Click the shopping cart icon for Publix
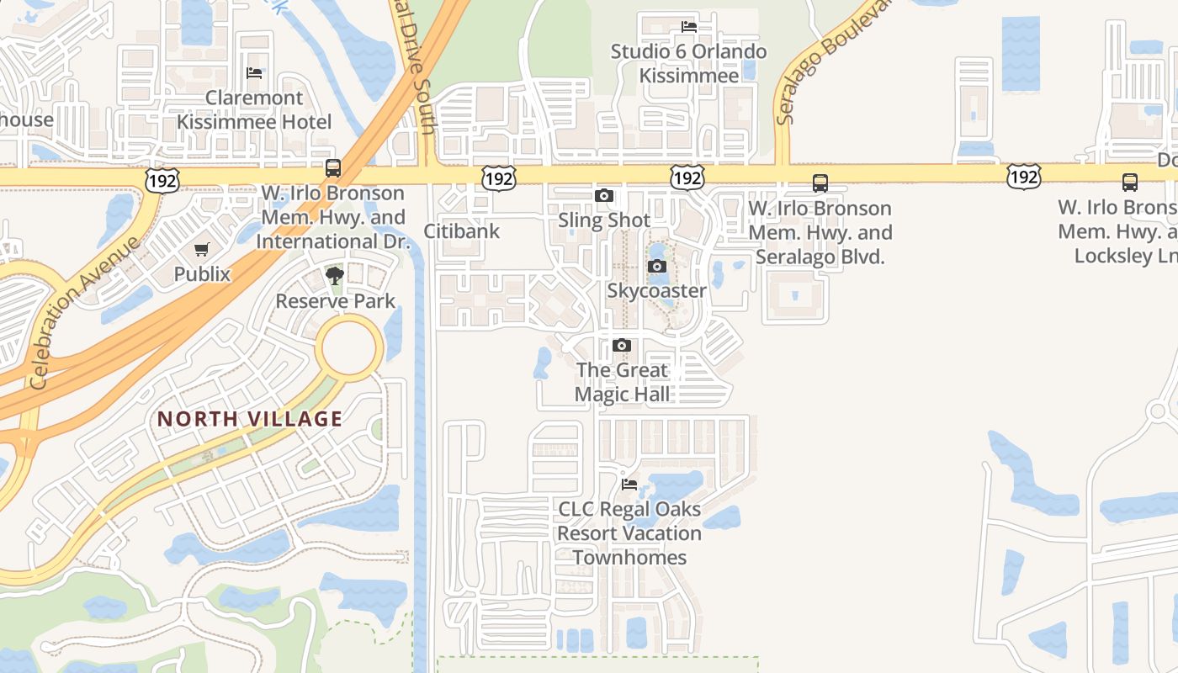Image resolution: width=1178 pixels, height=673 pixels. [201, 250]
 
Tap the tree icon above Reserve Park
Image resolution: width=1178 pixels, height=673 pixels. [335, 275]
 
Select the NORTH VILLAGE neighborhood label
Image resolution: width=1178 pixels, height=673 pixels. [250, 419]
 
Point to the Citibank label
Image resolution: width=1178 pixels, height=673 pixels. [461, 231]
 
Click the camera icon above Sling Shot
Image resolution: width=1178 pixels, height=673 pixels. [603, 196]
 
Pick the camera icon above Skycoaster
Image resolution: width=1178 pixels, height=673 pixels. [657, 267]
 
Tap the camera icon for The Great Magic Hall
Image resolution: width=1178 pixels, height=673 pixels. [622, 346]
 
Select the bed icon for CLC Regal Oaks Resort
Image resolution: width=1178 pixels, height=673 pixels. [629, 485]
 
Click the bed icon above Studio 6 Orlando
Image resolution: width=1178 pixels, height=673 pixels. [688, 27]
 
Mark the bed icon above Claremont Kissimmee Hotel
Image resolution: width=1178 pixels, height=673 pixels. [254, 73]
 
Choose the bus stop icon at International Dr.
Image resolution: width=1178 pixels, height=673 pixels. [333, 167]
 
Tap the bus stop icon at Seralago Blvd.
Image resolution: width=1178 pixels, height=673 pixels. [820, 183]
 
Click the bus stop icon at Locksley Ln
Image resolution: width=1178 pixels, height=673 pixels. [1130, 182]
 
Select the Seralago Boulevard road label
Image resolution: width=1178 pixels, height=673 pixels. [832, 63]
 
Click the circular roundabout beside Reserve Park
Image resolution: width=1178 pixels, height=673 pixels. [349, 347]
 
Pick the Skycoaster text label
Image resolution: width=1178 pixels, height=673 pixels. [657, 291]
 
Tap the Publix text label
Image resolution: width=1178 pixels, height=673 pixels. [202, 274]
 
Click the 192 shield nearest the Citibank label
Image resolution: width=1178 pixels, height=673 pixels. [498, 178]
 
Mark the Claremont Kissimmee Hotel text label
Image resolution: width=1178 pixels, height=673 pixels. [254, 110]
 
